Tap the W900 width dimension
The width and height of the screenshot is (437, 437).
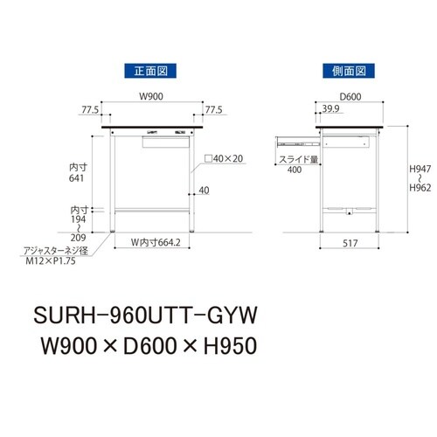153,96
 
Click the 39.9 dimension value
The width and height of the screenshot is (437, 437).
330,109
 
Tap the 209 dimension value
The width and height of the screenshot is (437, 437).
79,237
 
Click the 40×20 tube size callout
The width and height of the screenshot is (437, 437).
225,159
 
